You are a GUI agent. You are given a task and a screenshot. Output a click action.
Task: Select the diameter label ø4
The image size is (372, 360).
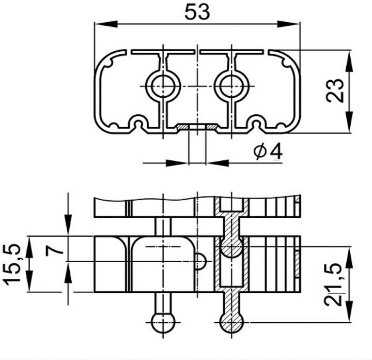coord(268,152)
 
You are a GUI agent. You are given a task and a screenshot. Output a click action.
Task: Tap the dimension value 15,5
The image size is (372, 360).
coord(13,264)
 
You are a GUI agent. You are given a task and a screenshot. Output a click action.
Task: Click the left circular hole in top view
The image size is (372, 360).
coord(162,85)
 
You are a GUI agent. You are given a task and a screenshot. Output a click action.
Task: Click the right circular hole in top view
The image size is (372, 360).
coord(231,85)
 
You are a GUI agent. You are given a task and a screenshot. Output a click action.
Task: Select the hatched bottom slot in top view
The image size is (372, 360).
coord(197,126)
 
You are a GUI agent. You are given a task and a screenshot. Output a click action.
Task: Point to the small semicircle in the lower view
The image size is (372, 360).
coord(201,262)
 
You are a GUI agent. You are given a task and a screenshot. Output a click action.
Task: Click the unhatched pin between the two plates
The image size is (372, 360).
coord(162,227)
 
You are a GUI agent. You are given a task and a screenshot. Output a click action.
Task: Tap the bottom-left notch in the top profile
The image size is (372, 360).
coord(138,123)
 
